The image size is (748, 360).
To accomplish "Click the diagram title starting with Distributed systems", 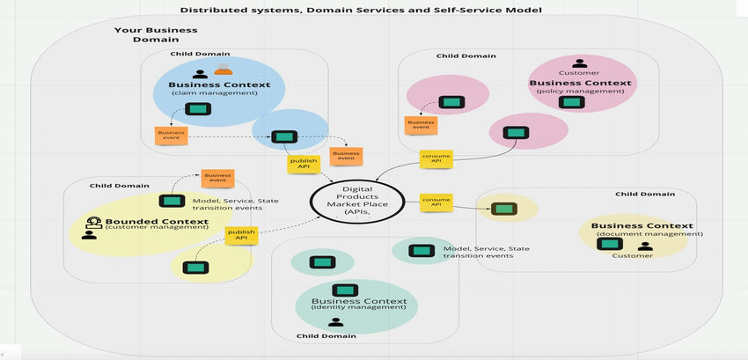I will point(361,10).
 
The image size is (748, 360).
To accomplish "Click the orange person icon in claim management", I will point(224,72).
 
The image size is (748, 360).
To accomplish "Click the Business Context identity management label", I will point(359,305).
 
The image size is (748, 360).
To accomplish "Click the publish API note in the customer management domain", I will point(240,235).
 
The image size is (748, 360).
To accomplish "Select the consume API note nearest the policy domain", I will point(436,158).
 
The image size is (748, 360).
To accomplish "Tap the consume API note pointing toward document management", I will point(436,202).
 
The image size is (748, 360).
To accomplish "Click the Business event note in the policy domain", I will point(421,125).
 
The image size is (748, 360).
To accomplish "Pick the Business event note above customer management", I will point(217,178).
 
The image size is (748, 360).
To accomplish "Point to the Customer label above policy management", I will point(578,73).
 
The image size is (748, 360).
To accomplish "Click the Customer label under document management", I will point(634,255).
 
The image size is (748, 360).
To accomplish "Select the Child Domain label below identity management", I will point(326,335).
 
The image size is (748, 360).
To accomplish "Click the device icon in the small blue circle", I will point(283,136).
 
